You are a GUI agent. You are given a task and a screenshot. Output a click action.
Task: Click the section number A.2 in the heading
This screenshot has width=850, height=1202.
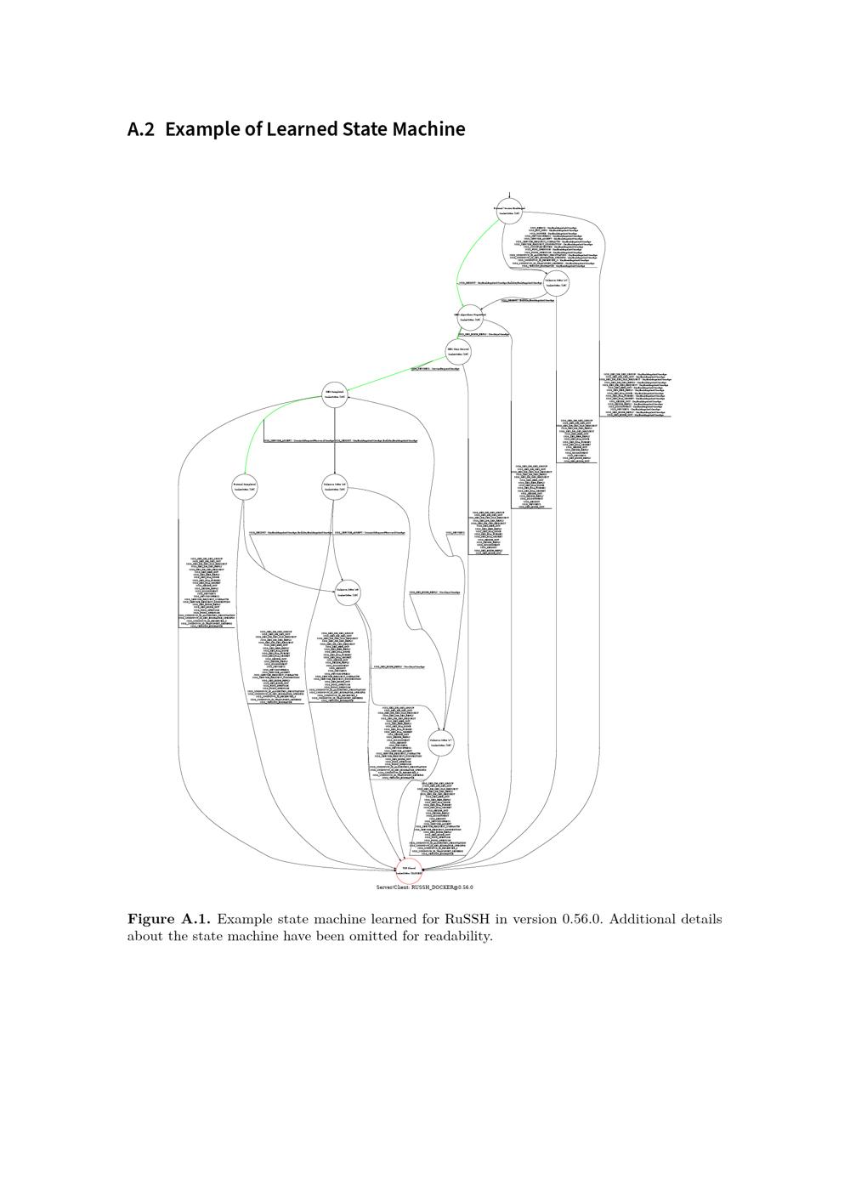(140, 129)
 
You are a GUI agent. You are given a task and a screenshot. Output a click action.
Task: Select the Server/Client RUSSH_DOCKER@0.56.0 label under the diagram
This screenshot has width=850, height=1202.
(424, 887)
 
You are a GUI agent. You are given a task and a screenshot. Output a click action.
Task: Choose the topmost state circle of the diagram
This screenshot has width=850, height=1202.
(509, 210)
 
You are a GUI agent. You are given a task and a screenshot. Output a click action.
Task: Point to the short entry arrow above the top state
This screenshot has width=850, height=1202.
(509, 195)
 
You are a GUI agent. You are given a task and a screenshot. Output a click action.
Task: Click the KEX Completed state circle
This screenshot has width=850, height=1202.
(335, 394)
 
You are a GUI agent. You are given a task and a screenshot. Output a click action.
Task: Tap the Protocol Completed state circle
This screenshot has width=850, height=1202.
(245, 486)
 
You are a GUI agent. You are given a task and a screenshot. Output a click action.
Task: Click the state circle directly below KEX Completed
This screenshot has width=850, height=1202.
(335, 486)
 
